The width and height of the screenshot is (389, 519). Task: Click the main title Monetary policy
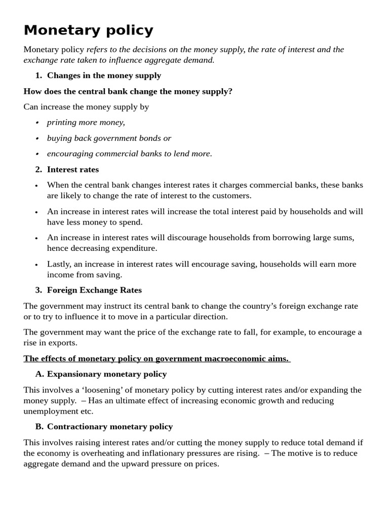(x=88, y=30)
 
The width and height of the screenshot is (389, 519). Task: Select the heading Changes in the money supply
(x=104, y=76)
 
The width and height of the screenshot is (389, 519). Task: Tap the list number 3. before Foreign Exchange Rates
(x=38, y=290)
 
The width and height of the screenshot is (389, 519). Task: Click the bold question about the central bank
(x=128, y=91)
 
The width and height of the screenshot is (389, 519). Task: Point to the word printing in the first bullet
(x=63, y=123)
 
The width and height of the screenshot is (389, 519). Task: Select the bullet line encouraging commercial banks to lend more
(x=129, y=154)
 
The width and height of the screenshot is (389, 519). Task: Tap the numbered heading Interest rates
(x=73, y=170)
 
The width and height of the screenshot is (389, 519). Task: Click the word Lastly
(x=59, y=264)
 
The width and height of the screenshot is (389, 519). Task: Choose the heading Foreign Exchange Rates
(x=94, y=290)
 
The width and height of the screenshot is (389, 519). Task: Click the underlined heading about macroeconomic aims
(x=156, y=359)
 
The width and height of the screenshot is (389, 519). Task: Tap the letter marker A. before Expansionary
(x=40, y=375)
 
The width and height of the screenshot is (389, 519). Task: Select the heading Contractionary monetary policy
(x=110, y=427)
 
